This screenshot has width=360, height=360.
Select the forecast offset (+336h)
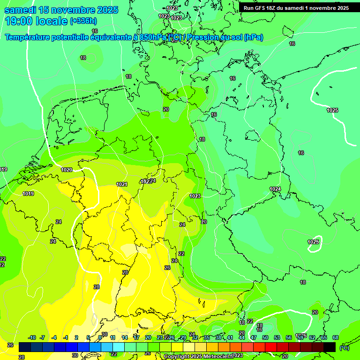pyautogui.click(x=83, y=21)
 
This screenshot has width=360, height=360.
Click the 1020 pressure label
pyautogui.click(x=67, y=170)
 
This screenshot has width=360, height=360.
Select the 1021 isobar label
pyautogui.click(x=122, y=184)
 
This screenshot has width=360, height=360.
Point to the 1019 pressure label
pyautogui.click(x=28, y=194)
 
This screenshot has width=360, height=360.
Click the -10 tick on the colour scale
pyautogui.click(x=32, y=337)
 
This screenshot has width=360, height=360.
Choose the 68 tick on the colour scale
pyautogui.click(x=336, y=337)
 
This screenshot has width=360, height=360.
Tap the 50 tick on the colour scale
pyautogui.click(x=265, y=337)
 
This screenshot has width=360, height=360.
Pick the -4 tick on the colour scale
pyautogui.click(x=54, y=337)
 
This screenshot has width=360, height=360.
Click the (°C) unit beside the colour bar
pyautogui.click(x=344, y=347)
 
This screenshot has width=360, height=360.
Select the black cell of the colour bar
pyautogui.click(x=330, y=347)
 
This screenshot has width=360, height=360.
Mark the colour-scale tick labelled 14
pyautogui.click(x=125, y=337)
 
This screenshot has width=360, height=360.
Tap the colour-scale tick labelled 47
pyautogui.click(x=254, y=337)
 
